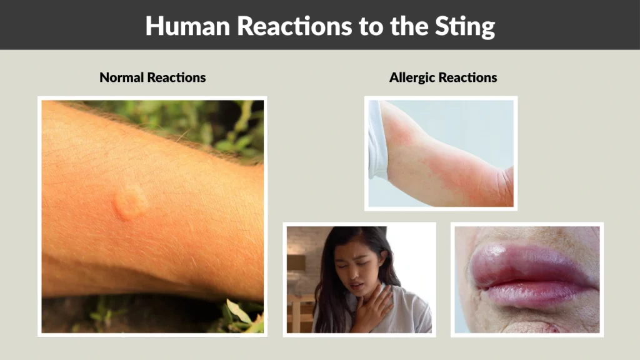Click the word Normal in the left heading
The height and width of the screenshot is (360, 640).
[x=122, y=78]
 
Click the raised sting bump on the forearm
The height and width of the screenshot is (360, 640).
[x=129, y=204]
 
